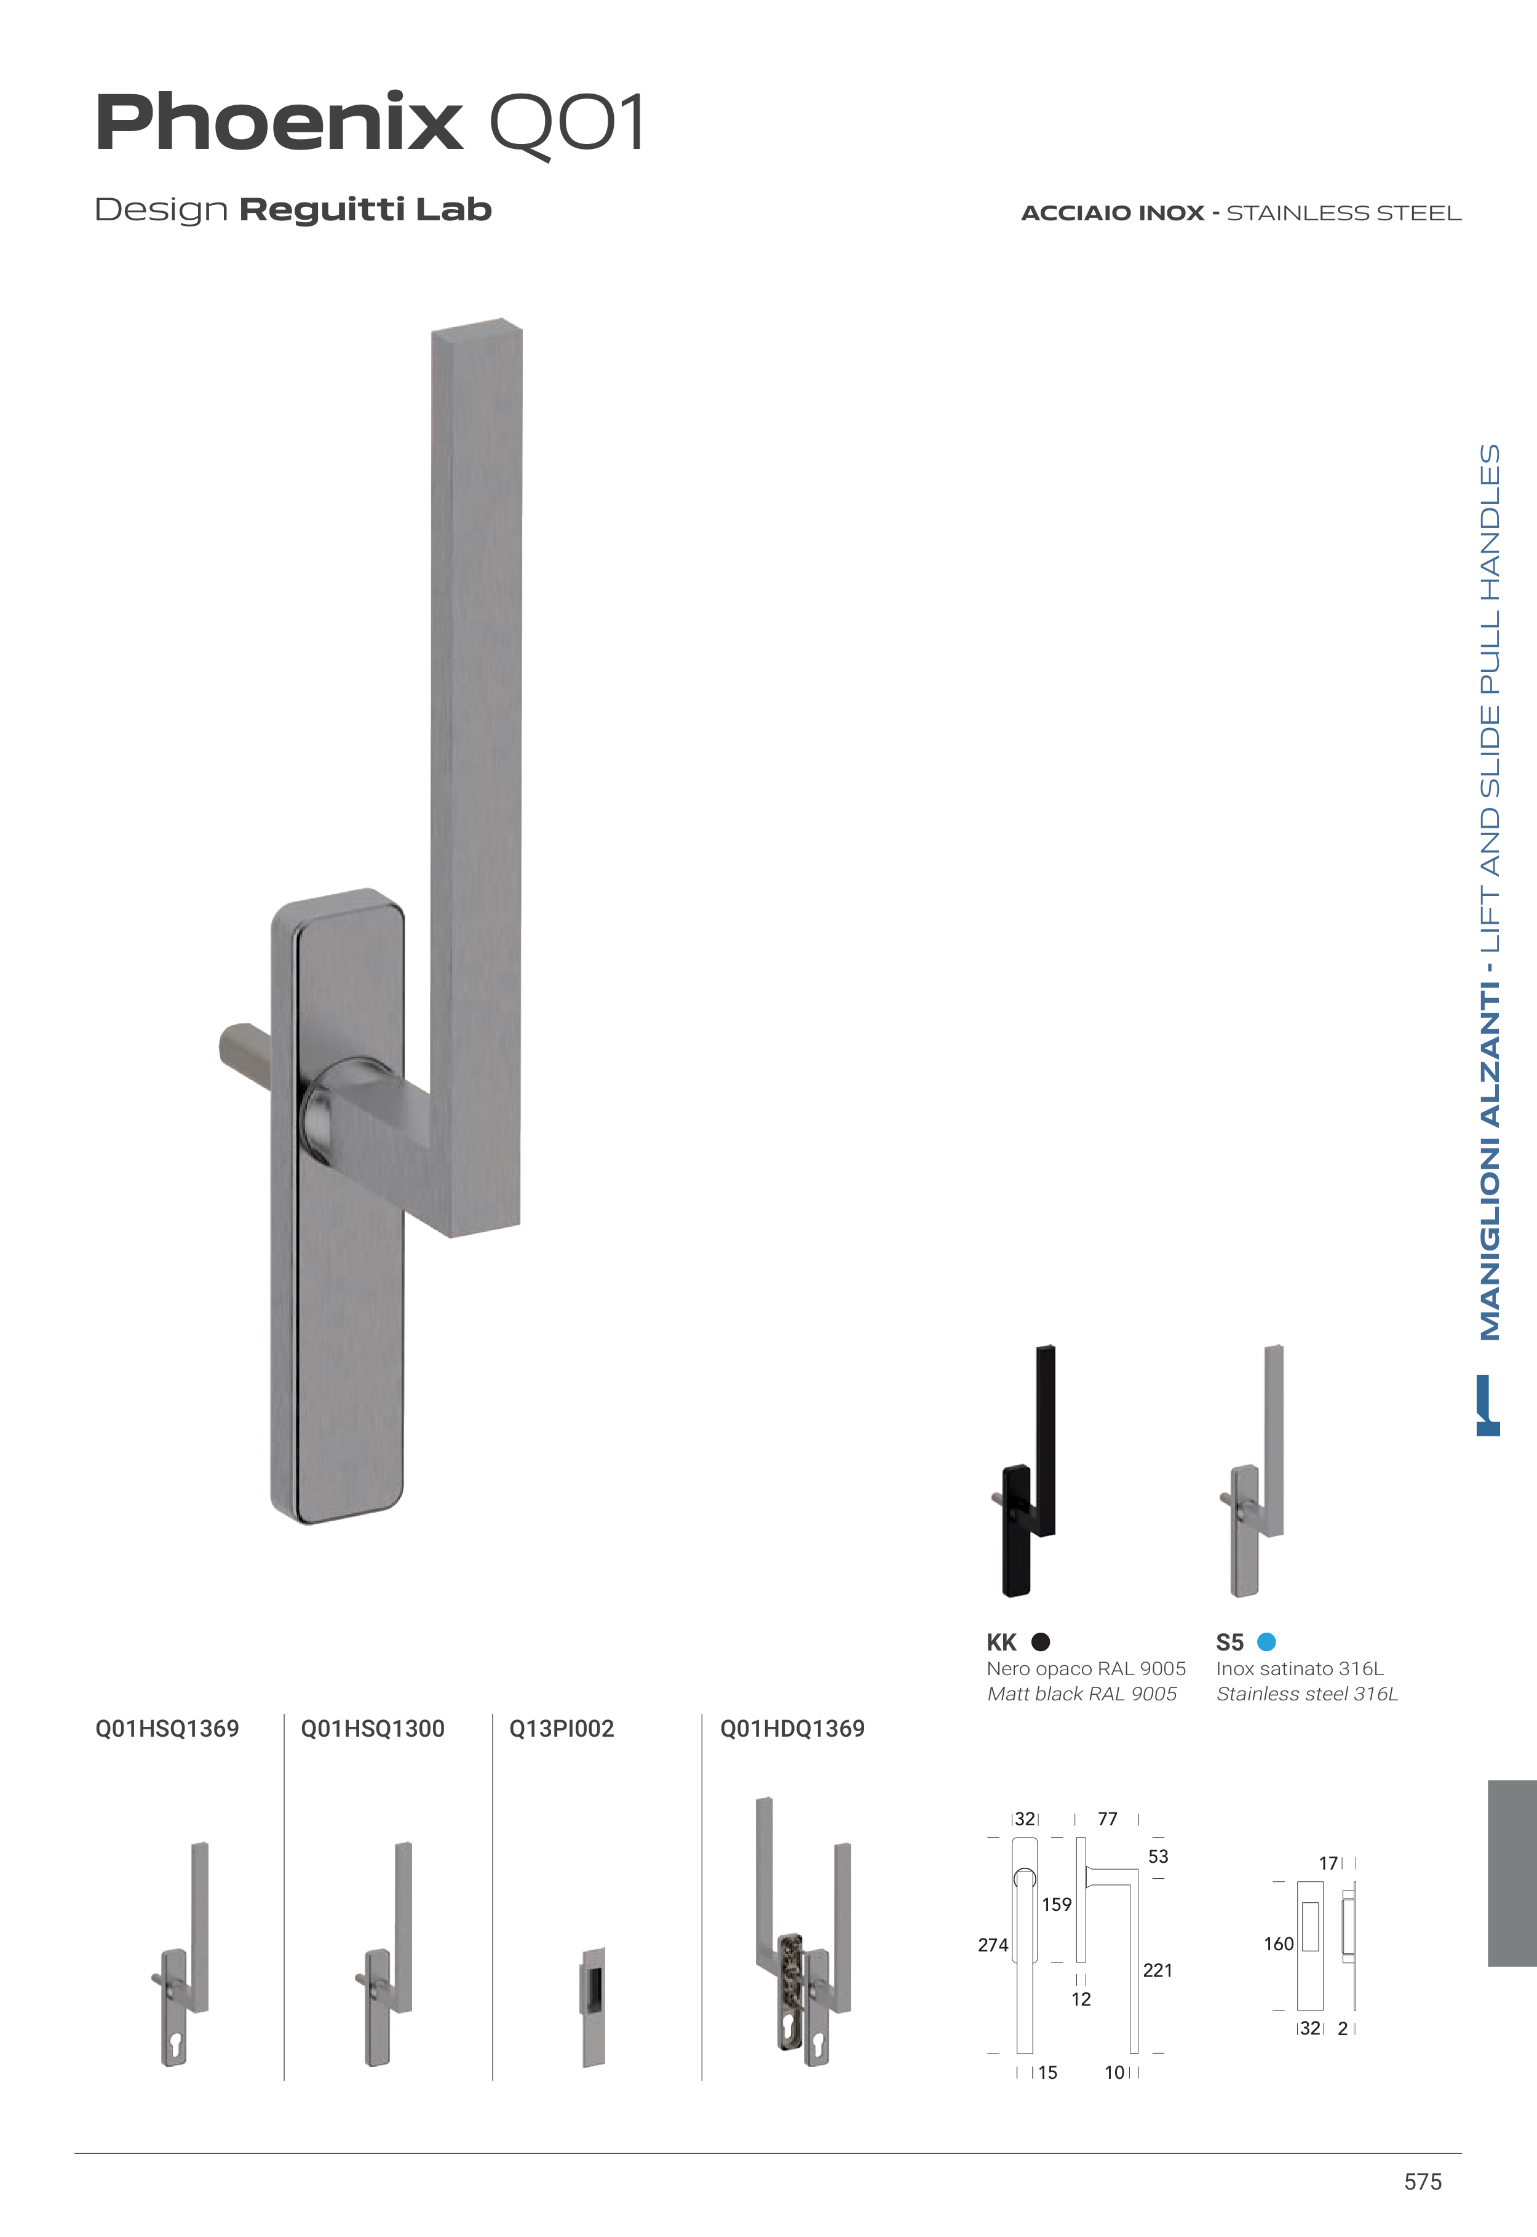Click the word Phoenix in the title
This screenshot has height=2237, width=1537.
pyautogui.click(x=279, y=123)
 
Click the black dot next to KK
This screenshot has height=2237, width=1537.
pyautogui.click(x=1040, y=1642)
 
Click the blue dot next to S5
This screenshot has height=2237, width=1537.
pyautogui.click(x=1266, y=1642)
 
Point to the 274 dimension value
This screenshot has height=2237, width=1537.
pyautogui.click(x=993, y=1945)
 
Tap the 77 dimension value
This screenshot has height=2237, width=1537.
pyautogui.click(x=1108, y=1819)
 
